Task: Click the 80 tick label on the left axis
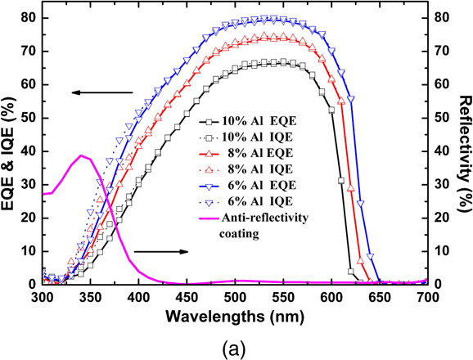27,17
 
